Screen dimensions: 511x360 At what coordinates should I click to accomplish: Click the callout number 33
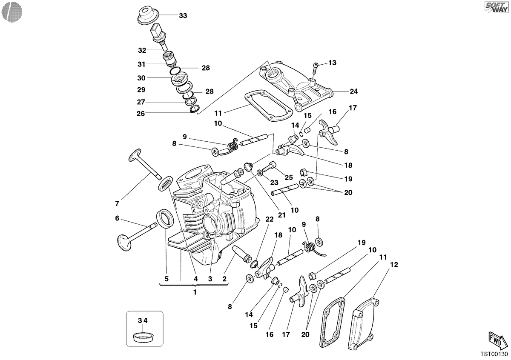coord(183,16)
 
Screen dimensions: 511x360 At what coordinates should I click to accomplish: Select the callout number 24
coord(354,91)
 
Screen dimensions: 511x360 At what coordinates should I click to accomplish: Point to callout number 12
coord(394,265)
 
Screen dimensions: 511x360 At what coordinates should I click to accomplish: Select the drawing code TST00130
coord(494,354)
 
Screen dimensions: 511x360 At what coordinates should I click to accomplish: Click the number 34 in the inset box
coord(143,320)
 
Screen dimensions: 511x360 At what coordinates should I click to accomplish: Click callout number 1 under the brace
coord(195,292)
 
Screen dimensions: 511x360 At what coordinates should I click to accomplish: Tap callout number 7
coord(117,203)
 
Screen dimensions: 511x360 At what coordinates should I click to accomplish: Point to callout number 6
coord(117,218)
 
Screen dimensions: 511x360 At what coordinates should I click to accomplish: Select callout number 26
coord(141,114)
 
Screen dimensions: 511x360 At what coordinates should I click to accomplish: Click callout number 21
coord(282,215)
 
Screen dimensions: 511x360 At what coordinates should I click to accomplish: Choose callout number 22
coord(270,219)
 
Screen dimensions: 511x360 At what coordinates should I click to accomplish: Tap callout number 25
coord(289,177)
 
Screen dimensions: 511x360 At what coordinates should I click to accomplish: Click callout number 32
coord(142,50)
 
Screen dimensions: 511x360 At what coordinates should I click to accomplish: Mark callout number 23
coord(274,183)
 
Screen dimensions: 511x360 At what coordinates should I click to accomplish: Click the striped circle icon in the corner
coord(12,12)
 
